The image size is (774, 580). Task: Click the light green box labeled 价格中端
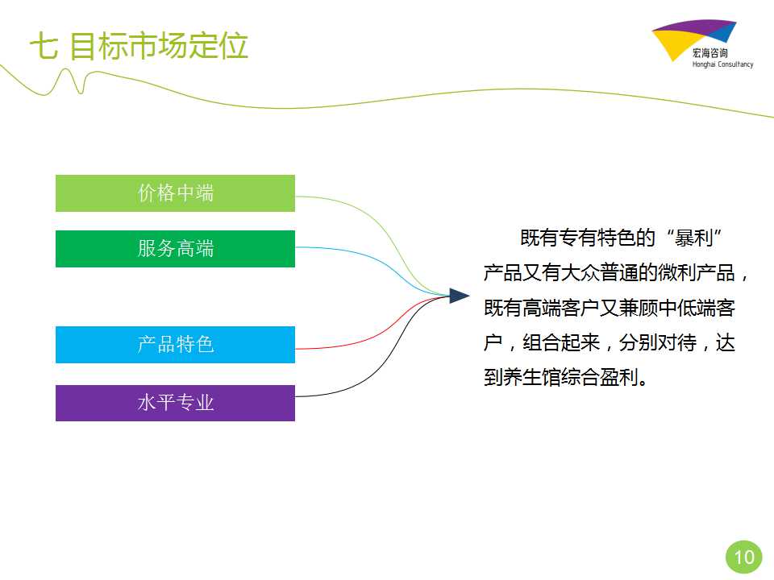click(175, 193)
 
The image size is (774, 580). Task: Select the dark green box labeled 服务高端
click(175, 249)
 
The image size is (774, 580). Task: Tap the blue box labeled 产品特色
click(175, 345)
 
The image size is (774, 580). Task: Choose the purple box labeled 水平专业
click(175, 403)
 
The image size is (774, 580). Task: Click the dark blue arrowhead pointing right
click(459, 296)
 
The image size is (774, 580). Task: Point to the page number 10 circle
click(744, 557)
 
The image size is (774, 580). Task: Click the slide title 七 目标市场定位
click(139, 46)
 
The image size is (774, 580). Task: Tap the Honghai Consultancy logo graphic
click(693, 39)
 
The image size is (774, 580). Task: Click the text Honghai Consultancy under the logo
click(722, 64)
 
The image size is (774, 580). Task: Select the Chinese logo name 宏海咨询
click(709, 53)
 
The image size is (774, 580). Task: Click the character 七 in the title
click(44, 47)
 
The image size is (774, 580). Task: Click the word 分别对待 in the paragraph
click(658, 342)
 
